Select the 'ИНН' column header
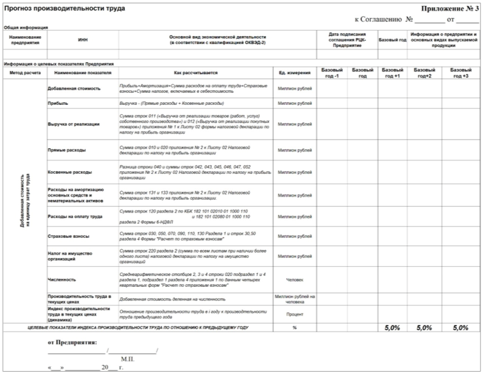(x=83, y=40)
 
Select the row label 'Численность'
(x=62, y=279)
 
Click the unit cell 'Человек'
(x=295, y=279)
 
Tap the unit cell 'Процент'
(x=295, y=314)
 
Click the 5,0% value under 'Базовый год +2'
(x=425, y=328)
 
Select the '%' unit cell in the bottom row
(x=295, y=328)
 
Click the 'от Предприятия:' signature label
(x=73, y=342)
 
